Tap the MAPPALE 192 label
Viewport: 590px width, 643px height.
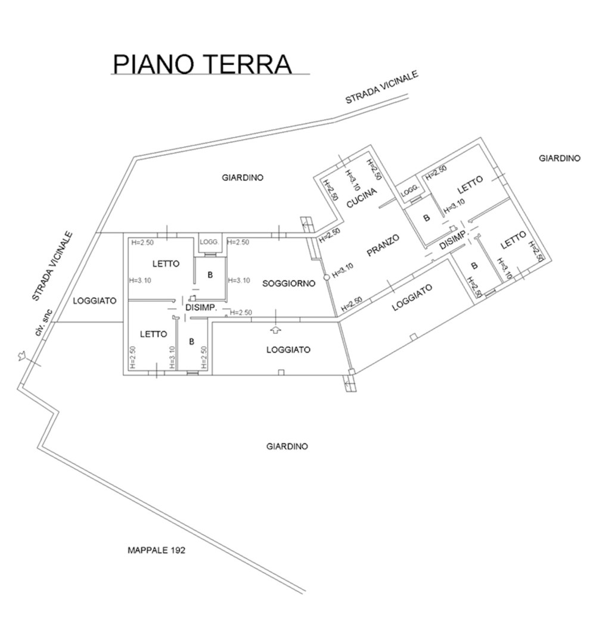156,550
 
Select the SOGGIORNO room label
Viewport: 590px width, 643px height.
289,283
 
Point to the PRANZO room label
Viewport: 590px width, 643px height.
383,245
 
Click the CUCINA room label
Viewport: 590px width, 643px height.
362,198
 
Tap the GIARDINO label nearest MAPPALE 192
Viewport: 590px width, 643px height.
287,446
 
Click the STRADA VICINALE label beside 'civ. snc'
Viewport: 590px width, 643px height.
52,267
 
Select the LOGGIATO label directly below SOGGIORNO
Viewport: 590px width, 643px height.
288,350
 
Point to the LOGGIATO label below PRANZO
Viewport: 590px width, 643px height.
412,297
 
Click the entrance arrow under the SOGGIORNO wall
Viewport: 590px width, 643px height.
277,329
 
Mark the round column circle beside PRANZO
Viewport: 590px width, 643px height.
327,277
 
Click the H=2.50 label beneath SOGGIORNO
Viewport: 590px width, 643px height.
241,313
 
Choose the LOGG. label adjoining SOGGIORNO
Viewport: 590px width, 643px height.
210,242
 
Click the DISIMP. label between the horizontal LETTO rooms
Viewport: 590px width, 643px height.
201,308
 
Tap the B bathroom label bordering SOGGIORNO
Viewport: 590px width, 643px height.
210,275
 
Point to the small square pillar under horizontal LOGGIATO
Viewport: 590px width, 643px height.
281,372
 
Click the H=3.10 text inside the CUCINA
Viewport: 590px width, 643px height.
352,180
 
